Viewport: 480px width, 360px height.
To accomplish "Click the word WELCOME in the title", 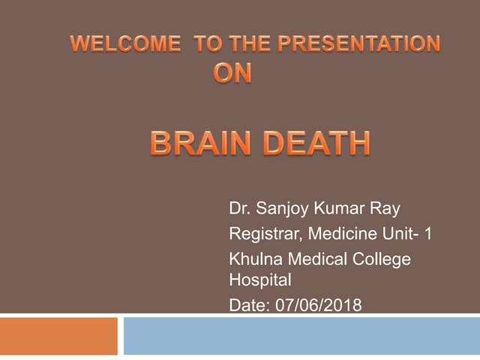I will click(x=124, y=43).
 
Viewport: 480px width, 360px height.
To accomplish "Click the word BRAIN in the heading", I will click(x=201, y=143).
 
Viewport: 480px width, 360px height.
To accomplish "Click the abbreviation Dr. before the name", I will click(x=239, y=209).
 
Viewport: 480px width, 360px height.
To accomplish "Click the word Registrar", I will click(x=263, y=235).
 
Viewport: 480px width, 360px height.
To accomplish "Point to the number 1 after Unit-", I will click(x=427, y=234).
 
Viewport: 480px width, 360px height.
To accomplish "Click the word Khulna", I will click(x=255, y=259).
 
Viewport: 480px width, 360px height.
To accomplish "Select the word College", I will click(x=384, y=259).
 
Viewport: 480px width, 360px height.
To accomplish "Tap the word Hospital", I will click(x=259, y=280).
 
